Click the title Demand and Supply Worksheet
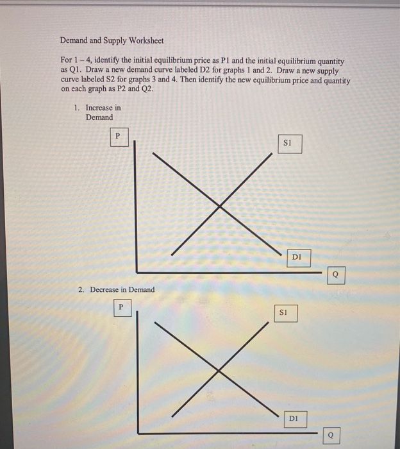(112, 40)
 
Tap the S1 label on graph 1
(288, 143)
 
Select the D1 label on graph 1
(296, 258)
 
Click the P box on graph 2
(120, 307)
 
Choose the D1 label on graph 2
(294, 419)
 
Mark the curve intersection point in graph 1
(220, 206)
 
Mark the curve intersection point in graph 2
(218, 370)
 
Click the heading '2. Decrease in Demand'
(116, 290)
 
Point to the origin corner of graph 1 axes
(136, 271)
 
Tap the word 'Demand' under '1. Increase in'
(99, 117)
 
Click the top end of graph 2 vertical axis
(137, 314)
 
